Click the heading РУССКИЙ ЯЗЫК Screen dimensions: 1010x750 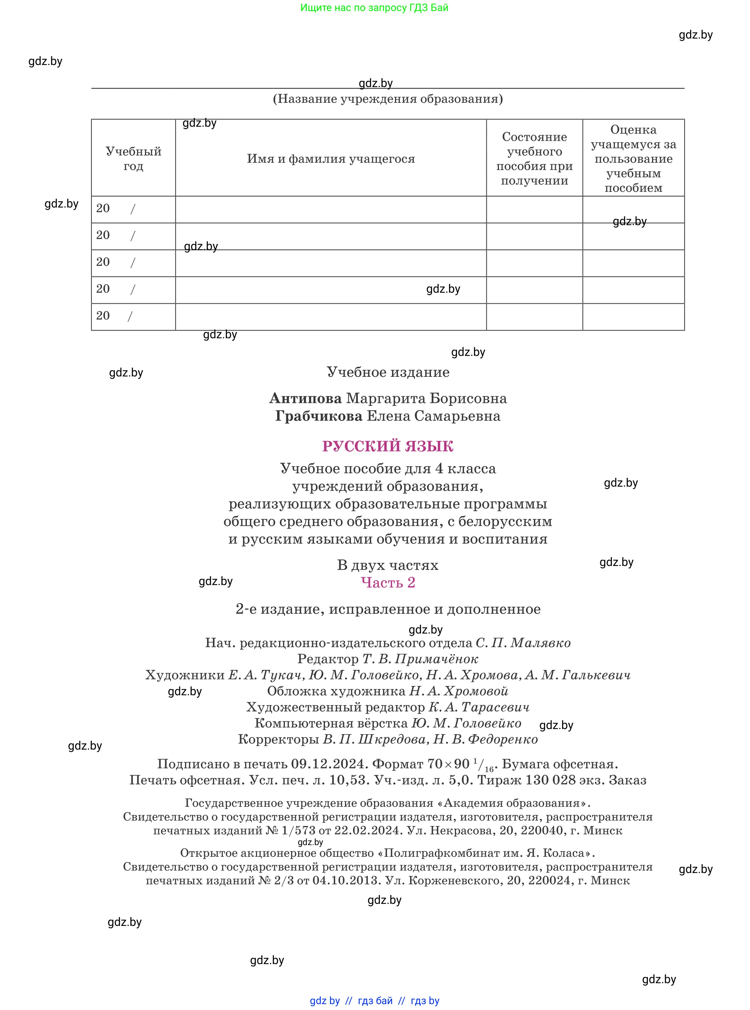coord(388,446)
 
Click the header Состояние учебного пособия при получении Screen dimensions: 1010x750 coord(535,159)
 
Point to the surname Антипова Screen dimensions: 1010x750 coord(305,398)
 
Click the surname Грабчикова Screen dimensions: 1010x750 coord(319,416)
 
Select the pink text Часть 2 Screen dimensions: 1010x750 coord(388,582)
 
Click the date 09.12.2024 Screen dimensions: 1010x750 coord(328,764)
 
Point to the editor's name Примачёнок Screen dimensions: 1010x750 coord(437,659)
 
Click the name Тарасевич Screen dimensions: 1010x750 coord(495,707)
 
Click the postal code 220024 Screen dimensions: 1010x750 coord(547,881)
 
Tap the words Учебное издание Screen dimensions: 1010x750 coord(388,372)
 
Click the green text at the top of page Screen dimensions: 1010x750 coord(374,8)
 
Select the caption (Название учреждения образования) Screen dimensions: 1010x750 coord(388,99)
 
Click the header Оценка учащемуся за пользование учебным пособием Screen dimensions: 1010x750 coord(633,159)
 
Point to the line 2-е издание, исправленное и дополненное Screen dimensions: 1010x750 coord(388,609)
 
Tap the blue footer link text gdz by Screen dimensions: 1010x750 coord(325,1001)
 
